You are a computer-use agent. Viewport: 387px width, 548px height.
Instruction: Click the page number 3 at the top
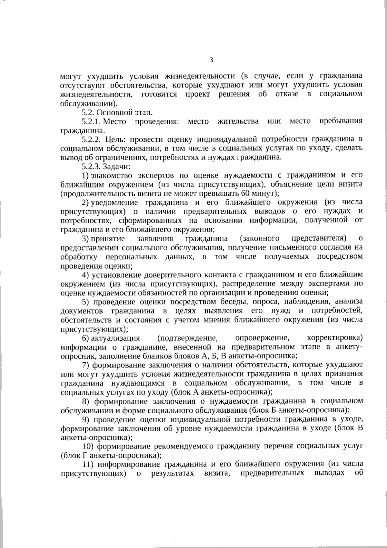tap(211, 60)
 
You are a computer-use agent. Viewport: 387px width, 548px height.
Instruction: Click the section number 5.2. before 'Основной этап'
tap(88, 112)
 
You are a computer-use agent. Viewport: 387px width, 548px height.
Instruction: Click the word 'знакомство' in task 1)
tap(111, 175)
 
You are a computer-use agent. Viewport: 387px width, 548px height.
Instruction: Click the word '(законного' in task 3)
tap(260, 239)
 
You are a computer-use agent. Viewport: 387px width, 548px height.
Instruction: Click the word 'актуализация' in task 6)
tap(115, 338)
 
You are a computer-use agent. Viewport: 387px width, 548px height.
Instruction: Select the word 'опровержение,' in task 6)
tap(262, 338)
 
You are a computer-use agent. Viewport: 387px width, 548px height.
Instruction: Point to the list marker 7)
tap(85, 365)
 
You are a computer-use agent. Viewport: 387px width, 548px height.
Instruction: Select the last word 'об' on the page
tap(358, 473)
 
